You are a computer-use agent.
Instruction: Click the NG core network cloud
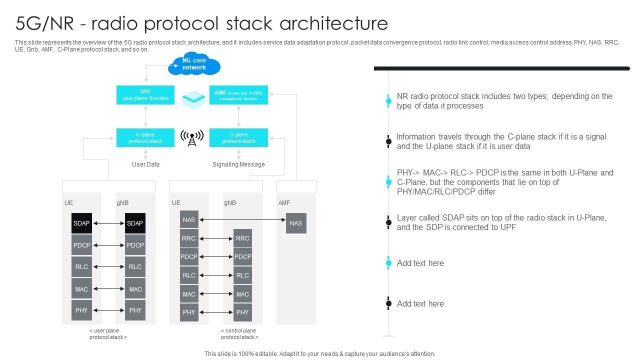click(194, 64)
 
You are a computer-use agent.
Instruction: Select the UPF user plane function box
click(145, 95)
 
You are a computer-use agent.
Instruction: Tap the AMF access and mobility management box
click(238, 95)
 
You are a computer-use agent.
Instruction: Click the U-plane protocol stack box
click(145, 138)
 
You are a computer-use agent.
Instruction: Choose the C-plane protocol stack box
click(238, 138)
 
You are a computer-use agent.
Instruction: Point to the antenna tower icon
click(192, 138)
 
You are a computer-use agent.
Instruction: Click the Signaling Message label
click(238, 164)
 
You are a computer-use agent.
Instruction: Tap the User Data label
click(145, 164)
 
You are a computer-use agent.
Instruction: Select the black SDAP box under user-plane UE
click(81, 223)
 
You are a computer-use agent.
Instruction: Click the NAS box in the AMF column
click(296, 223)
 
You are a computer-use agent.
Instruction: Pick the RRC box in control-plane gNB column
click(242, 238)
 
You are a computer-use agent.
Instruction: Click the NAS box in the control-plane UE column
click(189, 220)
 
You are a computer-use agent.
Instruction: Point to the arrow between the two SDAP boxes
click(108, 223)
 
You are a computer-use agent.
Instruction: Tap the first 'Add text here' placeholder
click(420, 263)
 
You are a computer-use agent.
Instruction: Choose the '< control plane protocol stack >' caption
click(238, 334)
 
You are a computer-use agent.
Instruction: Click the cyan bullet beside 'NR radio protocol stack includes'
click(388, 101)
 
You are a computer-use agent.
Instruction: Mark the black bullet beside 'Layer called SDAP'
click(388, 222)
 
